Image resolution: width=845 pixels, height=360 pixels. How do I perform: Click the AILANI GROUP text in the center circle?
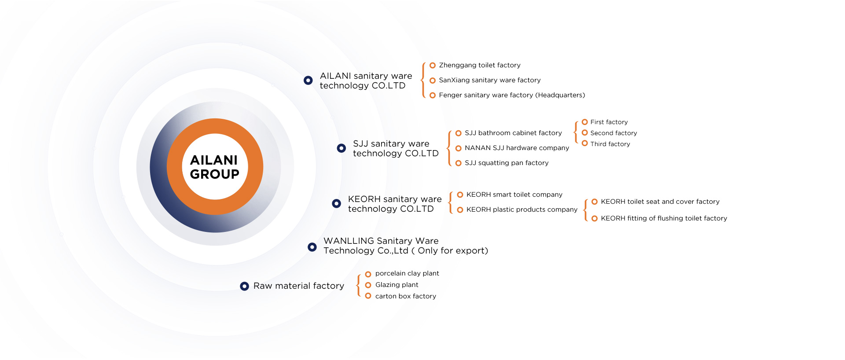[x=214, y=167]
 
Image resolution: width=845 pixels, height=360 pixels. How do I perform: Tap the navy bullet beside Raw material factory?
[x=244, y=286]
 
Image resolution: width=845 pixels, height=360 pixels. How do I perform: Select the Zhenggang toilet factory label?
[x=480, y=65]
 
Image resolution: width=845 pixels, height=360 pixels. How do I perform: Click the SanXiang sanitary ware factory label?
[x=490, y=80]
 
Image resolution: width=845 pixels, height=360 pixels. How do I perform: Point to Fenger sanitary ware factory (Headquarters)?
[x=512, y=95]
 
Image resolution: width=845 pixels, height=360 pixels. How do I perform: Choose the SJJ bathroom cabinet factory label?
[x=513, y=133]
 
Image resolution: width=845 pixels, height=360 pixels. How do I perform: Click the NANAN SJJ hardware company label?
[x=517, y=148]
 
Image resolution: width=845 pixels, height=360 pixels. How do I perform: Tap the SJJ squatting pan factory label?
[x=507, y=163]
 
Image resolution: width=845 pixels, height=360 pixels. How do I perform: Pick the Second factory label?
[x=614, y=133]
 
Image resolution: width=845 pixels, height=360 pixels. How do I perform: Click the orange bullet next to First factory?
[x=584, y=122]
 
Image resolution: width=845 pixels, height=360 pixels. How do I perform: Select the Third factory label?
[x=610, y=144]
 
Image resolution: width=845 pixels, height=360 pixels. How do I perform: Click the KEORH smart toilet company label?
[x=514, y=195]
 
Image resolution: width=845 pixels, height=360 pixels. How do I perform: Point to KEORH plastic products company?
[x=522, y=209]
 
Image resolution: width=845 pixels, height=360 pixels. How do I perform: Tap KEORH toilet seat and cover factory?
[x=660, y=202]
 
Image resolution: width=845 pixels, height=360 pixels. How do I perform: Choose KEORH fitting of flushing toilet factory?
[x=664, y=218]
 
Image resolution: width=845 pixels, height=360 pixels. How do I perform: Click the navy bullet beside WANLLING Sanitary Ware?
[x=312, y=247]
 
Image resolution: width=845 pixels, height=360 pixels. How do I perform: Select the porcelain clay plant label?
[x=407, y=273]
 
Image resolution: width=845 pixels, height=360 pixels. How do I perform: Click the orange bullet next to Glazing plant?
[x=368, y=285]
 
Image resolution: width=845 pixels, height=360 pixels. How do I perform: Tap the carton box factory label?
[x=406, y=296]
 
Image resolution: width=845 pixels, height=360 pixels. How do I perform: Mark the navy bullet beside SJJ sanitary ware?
[x=341, y=148]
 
